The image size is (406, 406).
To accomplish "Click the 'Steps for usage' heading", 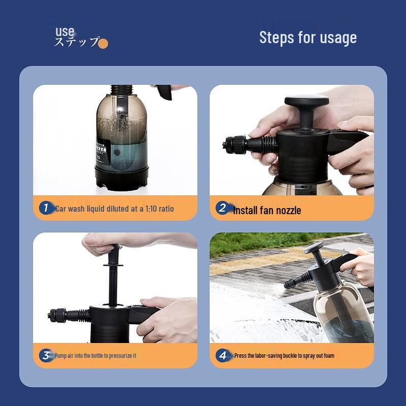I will [308, 38].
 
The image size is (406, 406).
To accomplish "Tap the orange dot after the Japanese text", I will [103, 44].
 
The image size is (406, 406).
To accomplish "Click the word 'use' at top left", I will [65, 32].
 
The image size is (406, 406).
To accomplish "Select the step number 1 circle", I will [46, 208].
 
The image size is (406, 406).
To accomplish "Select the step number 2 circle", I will [222, 208].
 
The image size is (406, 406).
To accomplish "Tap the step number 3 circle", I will [46, 355].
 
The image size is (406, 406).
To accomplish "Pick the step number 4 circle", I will [222, 355].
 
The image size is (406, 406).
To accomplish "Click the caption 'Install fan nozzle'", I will [267, 210].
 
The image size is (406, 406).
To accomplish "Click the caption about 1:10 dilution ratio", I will [114, 208].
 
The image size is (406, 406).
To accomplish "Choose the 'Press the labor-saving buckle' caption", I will [284, 356].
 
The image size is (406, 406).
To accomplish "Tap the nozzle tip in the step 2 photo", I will [226, 146].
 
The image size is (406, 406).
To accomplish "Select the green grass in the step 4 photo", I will [254, 244].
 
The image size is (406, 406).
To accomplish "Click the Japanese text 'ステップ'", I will [76, 43].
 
